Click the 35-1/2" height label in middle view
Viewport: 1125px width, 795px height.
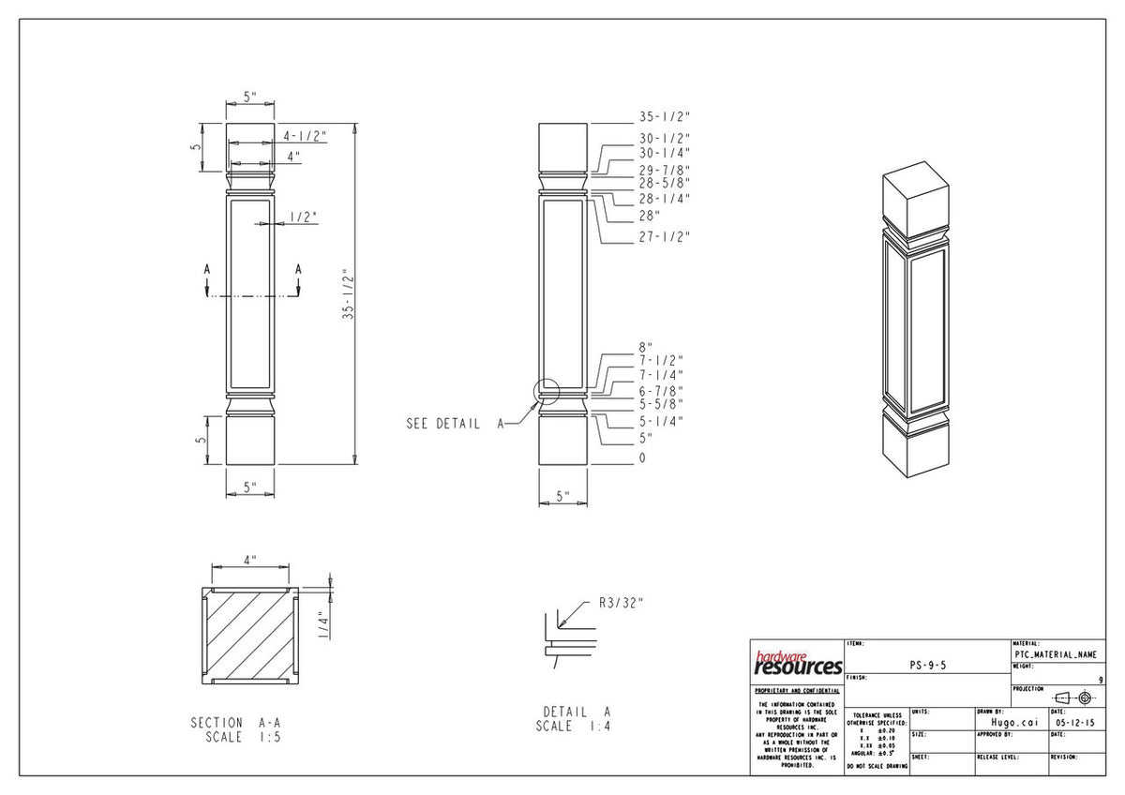point(664,117)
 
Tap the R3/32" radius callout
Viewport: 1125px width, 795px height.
point(621,603)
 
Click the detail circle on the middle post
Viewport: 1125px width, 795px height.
point(546,391)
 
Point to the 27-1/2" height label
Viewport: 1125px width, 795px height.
point(664,236)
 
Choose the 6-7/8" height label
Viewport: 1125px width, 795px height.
point(661,390)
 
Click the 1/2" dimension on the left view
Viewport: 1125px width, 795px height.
point(302,217)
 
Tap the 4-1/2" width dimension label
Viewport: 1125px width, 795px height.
point(305,136)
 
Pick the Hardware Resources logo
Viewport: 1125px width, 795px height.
point(798,664)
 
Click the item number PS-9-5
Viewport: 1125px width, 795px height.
point(928,665)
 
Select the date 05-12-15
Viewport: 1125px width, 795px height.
point(1074,723)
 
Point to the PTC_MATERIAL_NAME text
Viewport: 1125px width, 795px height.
point(1054,654)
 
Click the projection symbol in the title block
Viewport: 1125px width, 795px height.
point(1072,698)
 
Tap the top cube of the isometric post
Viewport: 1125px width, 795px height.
point(916,197)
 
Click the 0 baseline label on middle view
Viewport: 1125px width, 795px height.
point(642,457)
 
